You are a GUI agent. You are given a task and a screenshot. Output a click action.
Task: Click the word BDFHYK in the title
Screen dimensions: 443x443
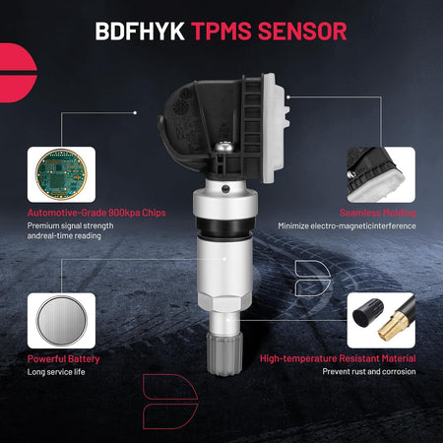(x=140, y=32)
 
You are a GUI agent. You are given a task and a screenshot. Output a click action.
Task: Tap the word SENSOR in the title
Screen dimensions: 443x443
(x=302, y=32)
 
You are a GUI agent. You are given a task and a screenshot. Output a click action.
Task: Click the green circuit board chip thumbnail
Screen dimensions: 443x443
(x=61, y=174)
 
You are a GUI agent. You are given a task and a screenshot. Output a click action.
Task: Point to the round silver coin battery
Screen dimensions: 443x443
(x=61, y=321)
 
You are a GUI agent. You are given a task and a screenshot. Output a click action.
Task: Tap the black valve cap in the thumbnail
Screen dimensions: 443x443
(x=367, y=312)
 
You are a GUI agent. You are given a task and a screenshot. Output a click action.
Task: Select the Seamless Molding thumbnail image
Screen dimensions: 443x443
(x=381, y=174)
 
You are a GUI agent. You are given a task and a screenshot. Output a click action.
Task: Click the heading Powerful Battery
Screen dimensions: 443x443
(x=63, y=359)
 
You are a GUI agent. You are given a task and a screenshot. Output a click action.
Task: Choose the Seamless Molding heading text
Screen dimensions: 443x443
(x=378, y=213)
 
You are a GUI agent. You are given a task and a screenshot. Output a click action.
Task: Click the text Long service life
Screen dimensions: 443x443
(x=56, y=372)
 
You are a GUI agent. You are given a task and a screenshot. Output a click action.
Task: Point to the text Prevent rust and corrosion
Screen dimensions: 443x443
(x=369, y=371)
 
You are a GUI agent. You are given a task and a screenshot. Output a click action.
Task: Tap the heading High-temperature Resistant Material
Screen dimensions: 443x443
(x=338, y=358)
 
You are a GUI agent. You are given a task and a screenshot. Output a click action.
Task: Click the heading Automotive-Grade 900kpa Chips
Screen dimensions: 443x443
(x=96, y=213)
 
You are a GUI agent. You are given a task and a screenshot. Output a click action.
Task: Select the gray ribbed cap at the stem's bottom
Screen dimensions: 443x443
(x=224, y=353)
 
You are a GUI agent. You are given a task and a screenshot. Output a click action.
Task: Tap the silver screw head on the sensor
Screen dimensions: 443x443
(x=225, y=146)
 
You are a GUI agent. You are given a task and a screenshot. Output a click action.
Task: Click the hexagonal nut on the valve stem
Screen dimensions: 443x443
(x=224, y=302)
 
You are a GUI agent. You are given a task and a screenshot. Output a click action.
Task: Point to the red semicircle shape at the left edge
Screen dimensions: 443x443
(x=18, y=73)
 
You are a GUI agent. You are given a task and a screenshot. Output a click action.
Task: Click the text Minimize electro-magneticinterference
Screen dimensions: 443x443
(x=347, y=225)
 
